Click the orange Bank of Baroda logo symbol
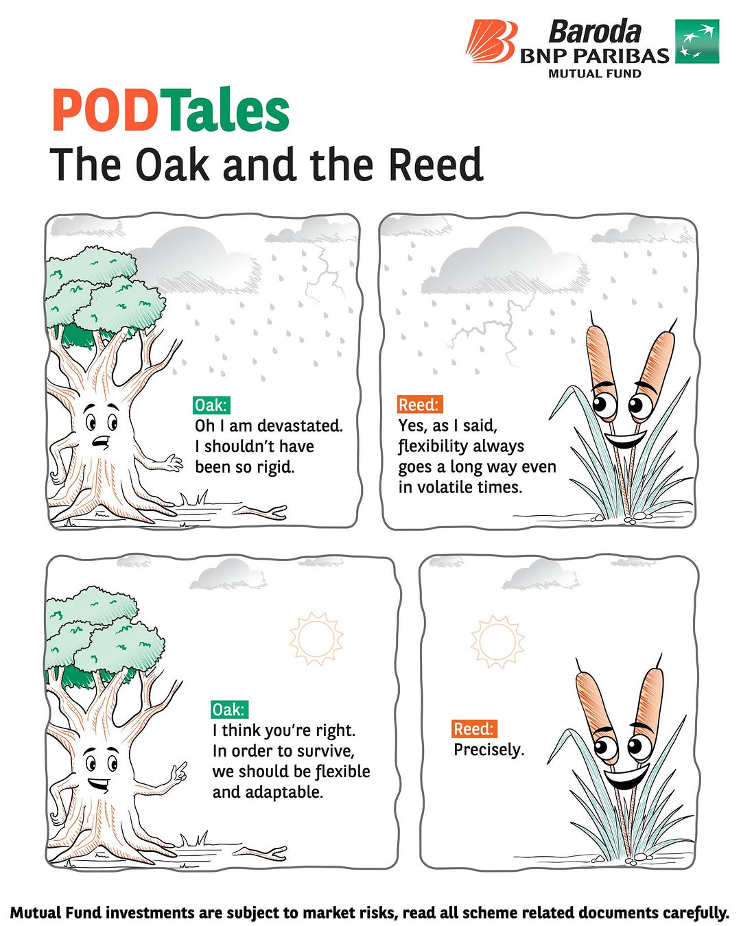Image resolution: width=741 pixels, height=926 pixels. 491,41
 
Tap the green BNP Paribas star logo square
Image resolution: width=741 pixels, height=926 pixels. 696,41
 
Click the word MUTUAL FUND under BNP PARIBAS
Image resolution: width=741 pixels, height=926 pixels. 595,73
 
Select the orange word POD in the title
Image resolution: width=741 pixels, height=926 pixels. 104,110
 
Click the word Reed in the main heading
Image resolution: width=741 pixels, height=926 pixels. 435,165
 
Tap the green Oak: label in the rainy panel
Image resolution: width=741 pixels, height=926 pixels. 211,405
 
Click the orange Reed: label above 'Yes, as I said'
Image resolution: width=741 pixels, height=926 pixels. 419,405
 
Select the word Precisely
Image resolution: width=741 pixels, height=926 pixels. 489,750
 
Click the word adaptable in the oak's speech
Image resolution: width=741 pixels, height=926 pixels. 284,792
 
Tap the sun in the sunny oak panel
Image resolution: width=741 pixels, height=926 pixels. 316,639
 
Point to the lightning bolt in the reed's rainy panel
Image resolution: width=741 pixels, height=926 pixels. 486,331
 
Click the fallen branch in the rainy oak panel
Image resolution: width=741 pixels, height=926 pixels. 260,511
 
